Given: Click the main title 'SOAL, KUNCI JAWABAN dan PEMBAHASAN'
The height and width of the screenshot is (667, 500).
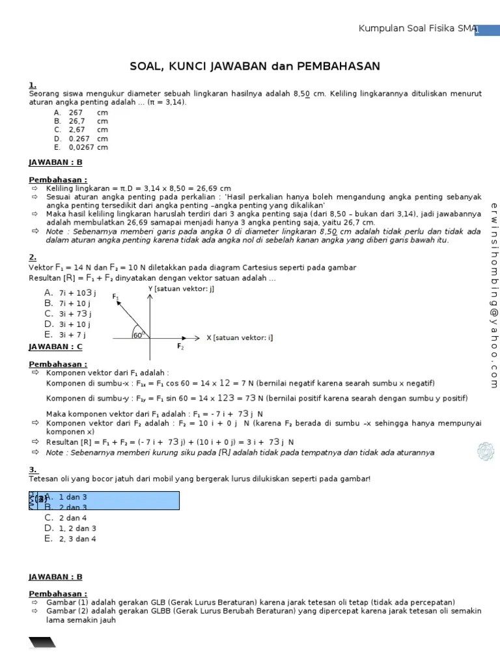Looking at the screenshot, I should pos(255,67).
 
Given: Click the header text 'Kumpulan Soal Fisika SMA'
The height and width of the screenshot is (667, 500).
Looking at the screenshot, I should pos(417,29).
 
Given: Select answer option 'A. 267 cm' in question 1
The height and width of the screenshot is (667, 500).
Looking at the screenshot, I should pos(81,113).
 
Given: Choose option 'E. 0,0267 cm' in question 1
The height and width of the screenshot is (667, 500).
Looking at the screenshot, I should pos(81,147).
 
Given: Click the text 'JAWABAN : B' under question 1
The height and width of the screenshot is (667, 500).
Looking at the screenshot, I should pos(55,162).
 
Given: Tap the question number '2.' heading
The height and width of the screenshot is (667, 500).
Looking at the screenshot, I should pos(33,257).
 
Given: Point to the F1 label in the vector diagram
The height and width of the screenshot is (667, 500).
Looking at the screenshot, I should pos(116,297).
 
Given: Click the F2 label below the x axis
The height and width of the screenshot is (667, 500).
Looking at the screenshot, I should pos(180,347).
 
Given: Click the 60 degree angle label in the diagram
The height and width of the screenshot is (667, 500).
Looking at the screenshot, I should pos(137,335).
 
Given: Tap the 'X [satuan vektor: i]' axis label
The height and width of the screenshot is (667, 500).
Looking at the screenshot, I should pos(240,337).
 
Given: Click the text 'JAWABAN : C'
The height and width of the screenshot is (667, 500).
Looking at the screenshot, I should pos(55,347).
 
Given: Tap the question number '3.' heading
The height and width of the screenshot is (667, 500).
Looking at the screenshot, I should pos(33,469).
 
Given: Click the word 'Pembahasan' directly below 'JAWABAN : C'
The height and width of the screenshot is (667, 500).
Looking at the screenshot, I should pos(57,364).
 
